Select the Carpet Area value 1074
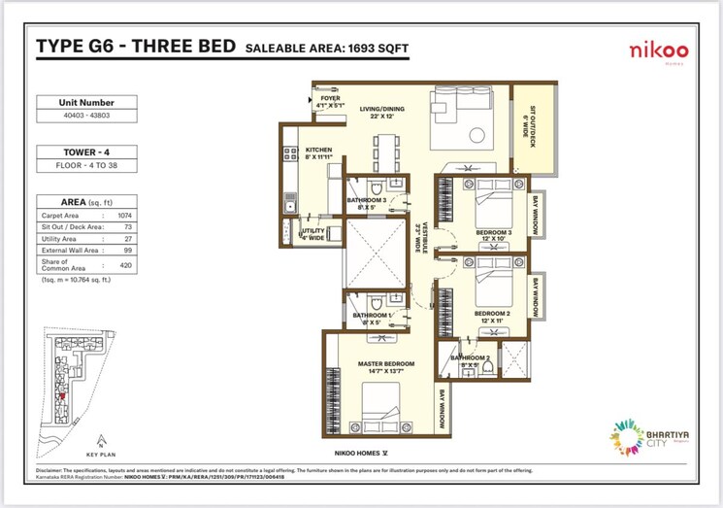(125, 214)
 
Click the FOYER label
(331, 98)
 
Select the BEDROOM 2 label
(492, 314)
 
